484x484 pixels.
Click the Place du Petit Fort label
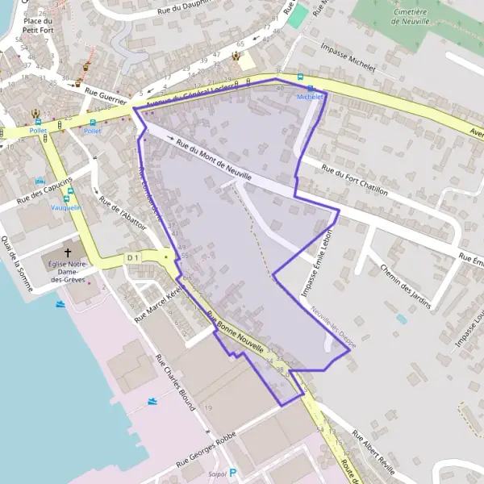[37, 26]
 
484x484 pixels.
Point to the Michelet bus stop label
[310, 96]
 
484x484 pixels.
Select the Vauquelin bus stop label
[66, 207]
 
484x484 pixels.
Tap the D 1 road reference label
[133, 257]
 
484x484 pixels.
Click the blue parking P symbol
[233, 474]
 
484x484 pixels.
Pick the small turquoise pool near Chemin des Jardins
[401, 319]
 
